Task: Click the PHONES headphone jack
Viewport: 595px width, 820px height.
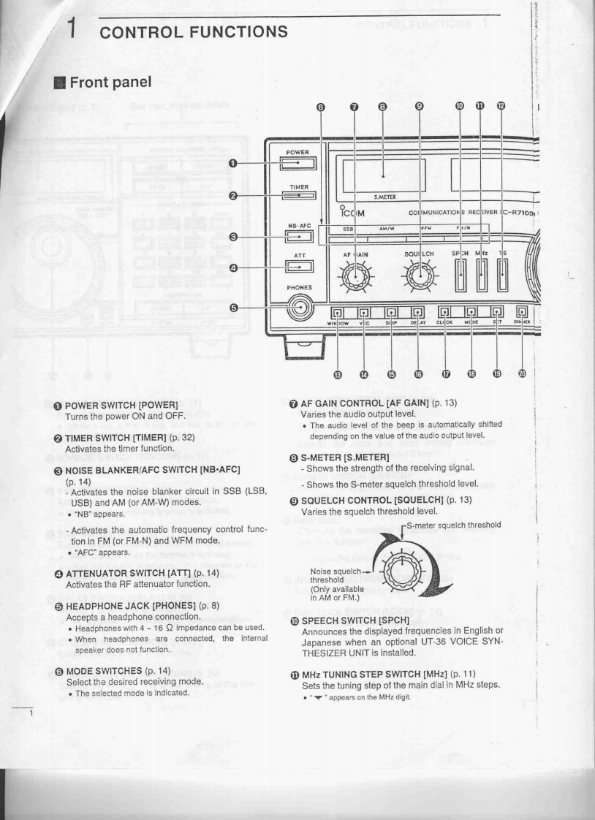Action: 299,308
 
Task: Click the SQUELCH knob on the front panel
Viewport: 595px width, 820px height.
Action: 418,278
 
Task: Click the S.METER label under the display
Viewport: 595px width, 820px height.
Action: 384,197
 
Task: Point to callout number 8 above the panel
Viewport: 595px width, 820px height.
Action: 382,105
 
